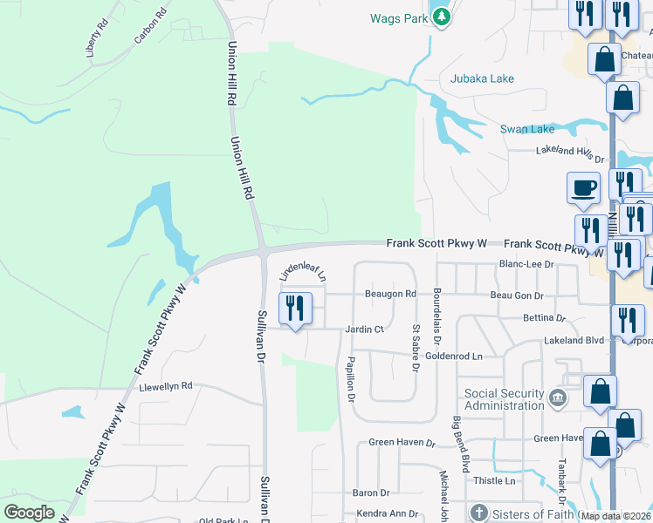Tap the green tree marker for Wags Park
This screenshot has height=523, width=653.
pyautogui.click(x=442, y=16)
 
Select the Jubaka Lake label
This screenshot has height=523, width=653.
pyautogui.click(x=482, y=78)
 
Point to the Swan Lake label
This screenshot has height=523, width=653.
pyautogui.click(x=526, y=129)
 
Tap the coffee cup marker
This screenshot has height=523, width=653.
pyautogui.click(x=583, y=188)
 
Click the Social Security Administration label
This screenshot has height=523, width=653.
pyautogui.click(x=505, y=399)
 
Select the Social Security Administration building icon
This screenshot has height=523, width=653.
pyautogui.click(x=557, y=399)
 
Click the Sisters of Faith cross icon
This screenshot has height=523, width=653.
pyautogui.click(x=478, y=513)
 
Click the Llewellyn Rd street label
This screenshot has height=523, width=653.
pyautogui.click(x=166, y=385)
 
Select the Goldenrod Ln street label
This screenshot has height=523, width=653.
pyautogui.click(x=454, y=357)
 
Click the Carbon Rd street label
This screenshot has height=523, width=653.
pyautogui.click(x=150, y=27)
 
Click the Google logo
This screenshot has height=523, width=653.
pyautogui.click(x=29, y=513)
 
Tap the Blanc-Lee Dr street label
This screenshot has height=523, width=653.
pyautogui.click(x=526, y=264)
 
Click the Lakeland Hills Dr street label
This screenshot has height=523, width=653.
pyautogui.click(x=569, y=153)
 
